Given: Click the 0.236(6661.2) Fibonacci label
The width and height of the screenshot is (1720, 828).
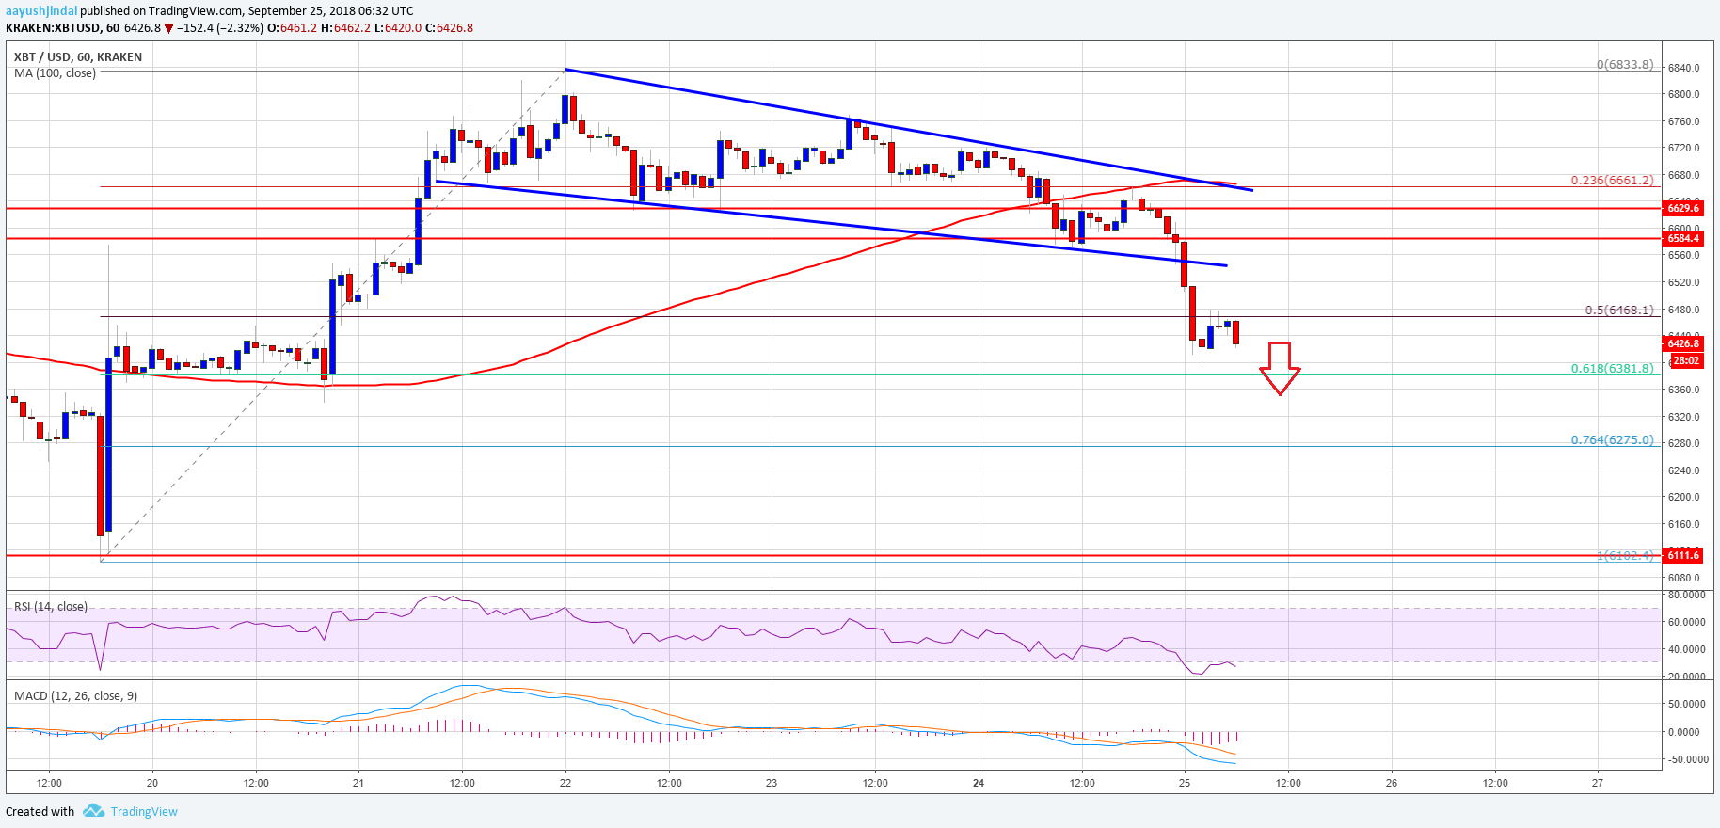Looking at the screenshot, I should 1612,181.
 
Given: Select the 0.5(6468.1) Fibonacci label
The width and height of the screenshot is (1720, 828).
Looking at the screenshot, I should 1618,310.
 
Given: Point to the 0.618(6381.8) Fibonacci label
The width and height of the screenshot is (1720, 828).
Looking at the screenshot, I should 1612,369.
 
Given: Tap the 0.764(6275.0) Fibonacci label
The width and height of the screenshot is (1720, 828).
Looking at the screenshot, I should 1612,440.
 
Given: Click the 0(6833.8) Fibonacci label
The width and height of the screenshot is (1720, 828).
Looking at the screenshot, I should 1625,65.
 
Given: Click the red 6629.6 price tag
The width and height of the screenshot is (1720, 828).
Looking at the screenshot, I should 1683,208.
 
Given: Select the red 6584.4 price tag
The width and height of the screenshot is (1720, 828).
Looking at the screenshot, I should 1683,239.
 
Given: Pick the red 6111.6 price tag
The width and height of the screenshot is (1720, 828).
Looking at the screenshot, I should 1683,556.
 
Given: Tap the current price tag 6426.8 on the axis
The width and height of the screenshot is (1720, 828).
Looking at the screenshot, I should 1683,344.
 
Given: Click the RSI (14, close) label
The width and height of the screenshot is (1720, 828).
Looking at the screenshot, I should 51,607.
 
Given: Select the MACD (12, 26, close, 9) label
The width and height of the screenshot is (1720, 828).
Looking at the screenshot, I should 75,696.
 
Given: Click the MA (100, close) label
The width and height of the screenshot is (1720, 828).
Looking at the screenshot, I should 55,73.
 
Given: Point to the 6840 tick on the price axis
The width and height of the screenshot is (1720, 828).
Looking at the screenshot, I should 1683,68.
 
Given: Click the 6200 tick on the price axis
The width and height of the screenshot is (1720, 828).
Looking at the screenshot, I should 1683,498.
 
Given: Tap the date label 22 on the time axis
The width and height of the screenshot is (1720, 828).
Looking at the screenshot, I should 565,783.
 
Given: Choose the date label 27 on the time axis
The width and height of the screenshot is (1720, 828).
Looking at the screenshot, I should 1598,783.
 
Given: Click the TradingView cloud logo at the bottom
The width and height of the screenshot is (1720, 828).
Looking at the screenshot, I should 93,811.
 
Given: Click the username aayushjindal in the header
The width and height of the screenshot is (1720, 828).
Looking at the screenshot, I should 41,11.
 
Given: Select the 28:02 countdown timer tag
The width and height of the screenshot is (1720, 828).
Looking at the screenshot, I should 1684,361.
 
